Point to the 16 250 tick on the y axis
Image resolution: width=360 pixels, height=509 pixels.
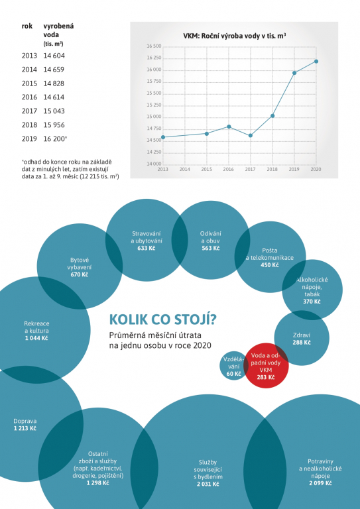click(154, 58)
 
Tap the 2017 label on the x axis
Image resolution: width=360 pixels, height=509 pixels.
click(250, 169)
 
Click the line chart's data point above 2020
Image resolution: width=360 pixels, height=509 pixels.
click(316, 62)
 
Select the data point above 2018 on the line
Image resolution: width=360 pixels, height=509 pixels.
click(272, 116)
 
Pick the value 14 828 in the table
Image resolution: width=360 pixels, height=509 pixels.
click(54, 84)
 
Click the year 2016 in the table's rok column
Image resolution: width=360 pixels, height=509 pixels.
click(29, 97)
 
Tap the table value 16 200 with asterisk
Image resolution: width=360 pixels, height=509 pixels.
click(55, 139)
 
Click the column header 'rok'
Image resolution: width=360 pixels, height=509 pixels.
click(27, 27)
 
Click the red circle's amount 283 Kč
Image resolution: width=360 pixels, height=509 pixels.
click(266, 377)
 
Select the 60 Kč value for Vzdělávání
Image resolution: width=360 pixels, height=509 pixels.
click(234, 374)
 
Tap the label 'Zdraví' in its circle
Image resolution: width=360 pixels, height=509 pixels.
click(302, 335)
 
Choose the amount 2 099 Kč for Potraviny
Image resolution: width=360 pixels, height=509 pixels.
click(320, 483)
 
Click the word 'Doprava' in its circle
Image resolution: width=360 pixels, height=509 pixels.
click(25, 421)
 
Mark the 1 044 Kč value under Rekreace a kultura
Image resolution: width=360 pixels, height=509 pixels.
click(36, 338)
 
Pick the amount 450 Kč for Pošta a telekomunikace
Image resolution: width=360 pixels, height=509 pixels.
click(270, 265)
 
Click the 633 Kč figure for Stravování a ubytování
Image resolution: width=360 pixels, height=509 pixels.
click(147, 248)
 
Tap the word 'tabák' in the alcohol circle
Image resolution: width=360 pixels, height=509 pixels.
click(312, 294)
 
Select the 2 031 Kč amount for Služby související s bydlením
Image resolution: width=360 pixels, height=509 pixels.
click(208, 484)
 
